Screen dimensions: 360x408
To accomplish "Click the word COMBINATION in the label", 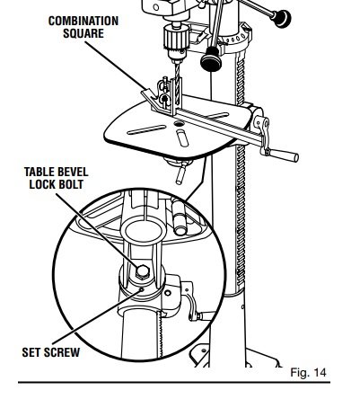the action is click(x=83, y=21).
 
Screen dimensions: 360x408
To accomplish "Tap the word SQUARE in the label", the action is click(x=83, y=33).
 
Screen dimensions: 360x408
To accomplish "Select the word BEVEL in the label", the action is click(x=73, y=172).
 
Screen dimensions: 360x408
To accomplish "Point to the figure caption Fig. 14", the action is click(x=308, y=373).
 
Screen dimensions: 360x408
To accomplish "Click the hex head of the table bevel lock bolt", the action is click(x=142, y=271).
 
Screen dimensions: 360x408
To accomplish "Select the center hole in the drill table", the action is click(x=179, y=123).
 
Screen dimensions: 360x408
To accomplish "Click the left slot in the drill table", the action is click(x=146, y=129).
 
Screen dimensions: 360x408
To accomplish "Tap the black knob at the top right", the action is click(x=280, y=19).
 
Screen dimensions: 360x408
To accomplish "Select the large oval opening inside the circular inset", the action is click(x=144, y=231).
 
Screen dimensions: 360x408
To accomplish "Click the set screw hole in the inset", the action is click(x=142, y=289).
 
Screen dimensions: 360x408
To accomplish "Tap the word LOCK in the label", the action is click(x=41, y=184).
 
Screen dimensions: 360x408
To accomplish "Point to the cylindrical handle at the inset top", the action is click(x=180, y=217).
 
